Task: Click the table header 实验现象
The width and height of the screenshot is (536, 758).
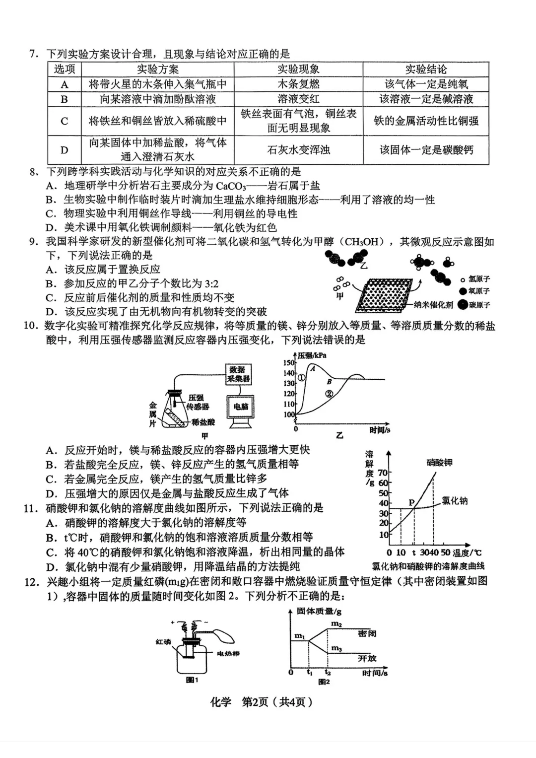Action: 298,69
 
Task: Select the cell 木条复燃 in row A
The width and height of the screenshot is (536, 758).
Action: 298,84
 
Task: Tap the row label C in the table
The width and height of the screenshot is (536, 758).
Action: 65,121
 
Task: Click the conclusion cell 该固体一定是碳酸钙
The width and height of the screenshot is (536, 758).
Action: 426,150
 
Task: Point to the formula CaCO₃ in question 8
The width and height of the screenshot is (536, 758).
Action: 231,186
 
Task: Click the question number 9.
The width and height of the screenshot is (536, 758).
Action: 33,242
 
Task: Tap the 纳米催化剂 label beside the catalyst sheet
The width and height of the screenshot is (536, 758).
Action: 434,305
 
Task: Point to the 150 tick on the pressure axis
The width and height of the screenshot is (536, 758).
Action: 289,363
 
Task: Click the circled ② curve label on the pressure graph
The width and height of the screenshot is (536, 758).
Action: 329,394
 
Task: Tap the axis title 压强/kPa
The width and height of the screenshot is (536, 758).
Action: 312,355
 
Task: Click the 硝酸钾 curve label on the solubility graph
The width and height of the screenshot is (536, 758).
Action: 439,463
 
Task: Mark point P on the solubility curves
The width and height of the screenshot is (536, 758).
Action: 411,503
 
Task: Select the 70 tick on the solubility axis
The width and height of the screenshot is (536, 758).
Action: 383,473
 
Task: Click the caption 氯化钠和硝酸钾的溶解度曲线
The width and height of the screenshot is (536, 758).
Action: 428,566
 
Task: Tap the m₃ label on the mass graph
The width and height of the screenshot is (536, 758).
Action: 336,648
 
